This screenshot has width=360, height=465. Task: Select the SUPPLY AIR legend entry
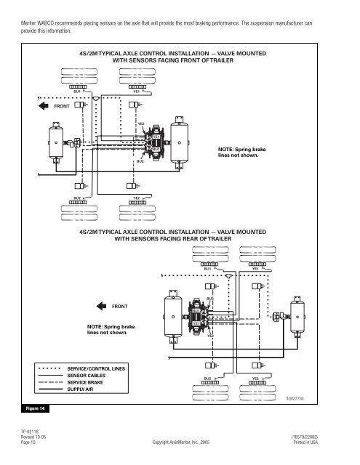point(83,389)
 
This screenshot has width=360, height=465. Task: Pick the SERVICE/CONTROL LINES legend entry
point(96,369)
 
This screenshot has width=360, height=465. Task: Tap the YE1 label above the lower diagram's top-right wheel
point(255,268)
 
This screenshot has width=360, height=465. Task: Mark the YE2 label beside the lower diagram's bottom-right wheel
point(255,378)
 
